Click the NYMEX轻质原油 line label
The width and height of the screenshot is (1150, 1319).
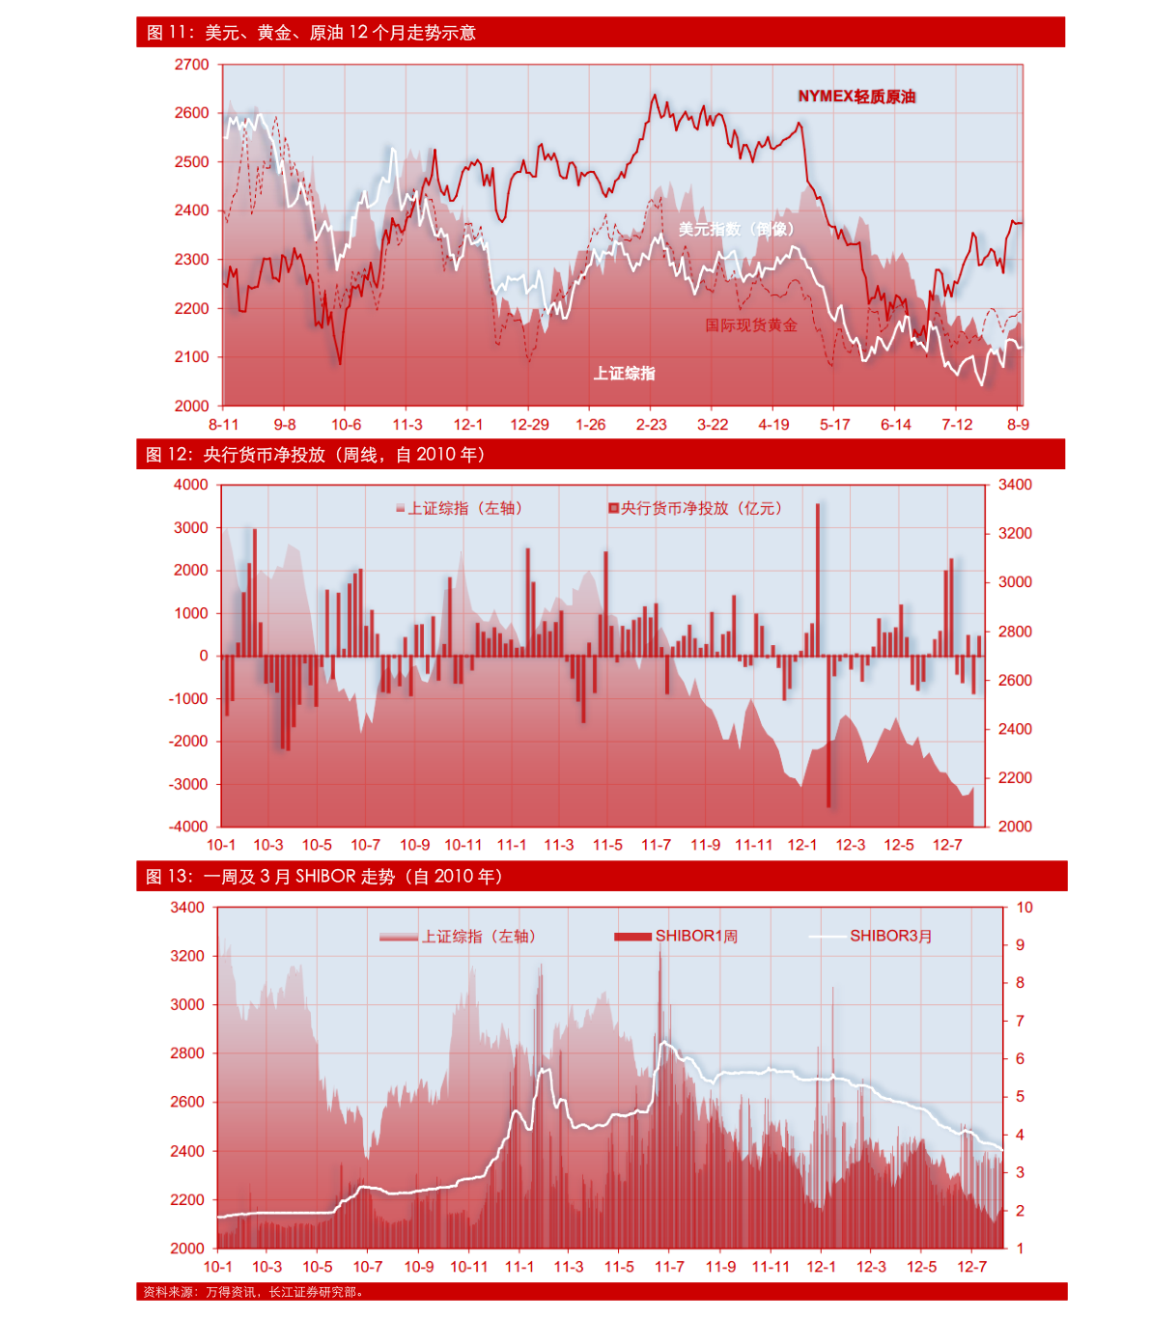[x=856, y=97]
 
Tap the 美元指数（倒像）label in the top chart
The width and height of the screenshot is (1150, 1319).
[x=736, y=229]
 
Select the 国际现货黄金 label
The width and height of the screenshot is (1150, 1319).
[x=751, y=324]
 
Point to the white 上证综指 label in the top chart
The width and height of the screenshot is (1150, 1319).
[x=624, y=374]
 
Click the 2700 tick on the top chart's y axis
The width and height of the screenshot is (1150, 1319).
[x=191, y=65]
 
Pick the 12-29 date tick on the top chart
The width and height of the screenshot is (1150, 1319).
[x=529, y=425]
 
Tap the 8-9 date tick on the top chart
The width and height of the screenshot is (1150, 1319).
[x=1018, y=425]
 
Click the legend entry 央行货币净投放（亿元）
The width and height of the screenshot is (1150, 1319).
[x=695, y=509]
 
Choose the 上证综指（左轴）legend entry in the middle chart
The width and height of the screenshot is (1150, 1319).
[x=459, y=509]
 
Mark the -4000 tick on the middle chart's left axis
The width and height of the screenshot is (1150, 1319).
[x=188, y=827]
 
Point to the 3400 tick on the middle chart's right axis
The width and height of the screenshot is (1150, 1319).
[x=1015, y=485]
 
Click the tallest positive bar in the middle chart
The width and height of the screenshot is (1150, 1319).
[x=818, y=579]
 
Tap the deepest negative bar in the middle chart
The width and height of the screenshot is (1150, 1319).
[x=829, y=731]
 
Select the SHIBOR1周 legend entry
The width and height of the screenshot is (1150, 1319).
[x=676, y=936]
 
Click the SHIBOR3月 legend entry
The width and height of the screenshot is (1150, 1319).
[x=870, y=936]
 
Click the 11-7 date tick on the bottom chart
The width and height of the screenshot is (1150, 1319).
[x=670, y=1267]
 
